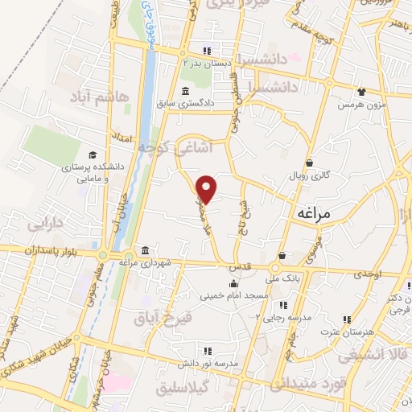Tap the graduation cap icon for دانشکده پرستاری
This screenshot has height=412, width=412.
click(92, 154)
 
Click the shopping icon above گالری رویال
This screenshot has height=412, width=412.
click(309, 162)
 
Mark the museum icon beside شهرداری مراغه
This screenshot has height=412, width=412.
click(144, 249)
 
